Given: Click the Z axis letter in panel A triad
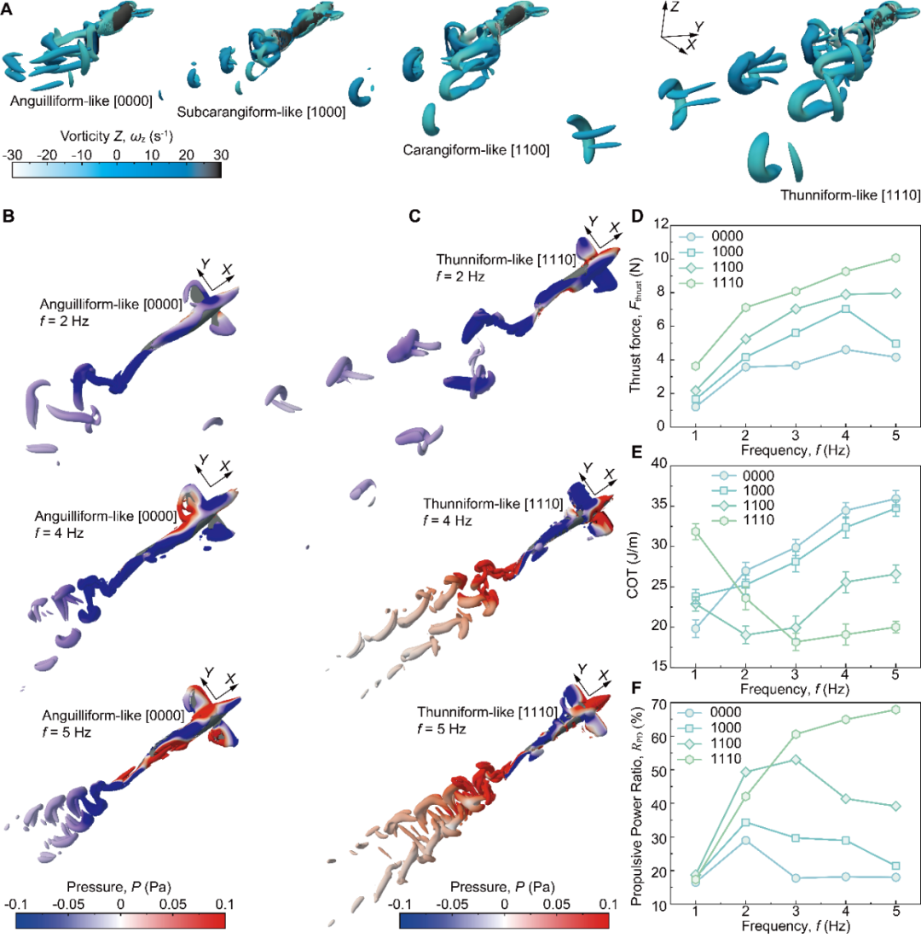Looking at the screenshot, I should [674, 8].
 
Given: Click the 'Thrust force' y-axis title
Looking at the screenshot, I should [635, 325].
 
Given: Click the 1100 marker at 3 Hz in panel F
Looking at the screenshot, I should [796, 759].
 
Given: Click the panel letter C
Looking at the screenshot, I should [414, 217].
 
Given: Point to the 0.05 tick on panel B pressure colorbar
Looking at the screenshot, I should [172, 903].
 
